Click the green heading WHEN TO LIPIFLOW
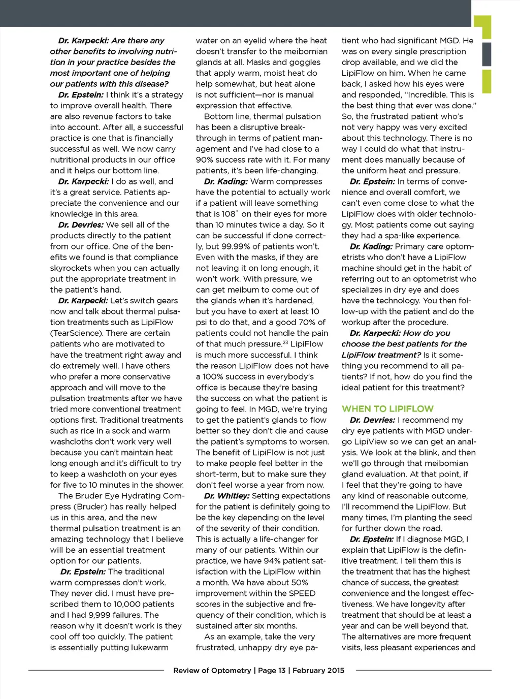pos(387,409)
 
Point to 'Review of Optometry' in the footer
pos(212,671)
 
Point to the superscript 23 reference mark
pos(285,342)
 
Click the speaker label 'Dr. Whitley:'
pos(226,496)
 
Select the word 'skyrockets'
pos(72,268)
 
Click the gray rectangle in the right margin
pos(486,54)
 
